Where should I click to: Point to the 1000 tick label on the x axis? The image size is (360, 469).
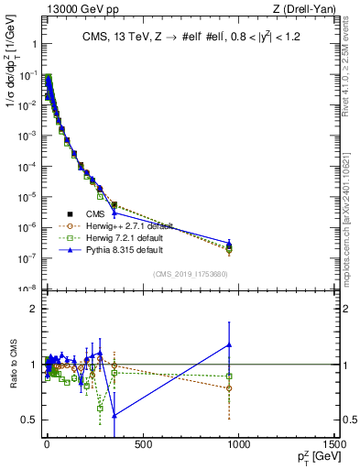pos(238,445)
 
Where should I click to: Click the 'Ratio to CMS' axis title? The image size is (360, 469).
pos(13,365)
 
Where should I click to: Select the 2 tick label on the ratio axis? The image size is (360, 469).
pos(32,309)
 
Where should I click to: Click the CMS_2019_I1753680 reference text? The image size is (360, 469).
pos(191,274)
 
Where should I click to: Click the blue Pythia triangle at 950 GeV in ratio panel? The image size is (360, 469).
pos(229,344)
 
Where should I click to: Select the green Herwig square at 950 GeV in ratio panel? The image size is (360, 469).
pos(229,376)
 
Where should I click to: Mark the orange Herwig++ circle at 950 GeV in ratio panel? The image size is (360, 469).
pos(229,387)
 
